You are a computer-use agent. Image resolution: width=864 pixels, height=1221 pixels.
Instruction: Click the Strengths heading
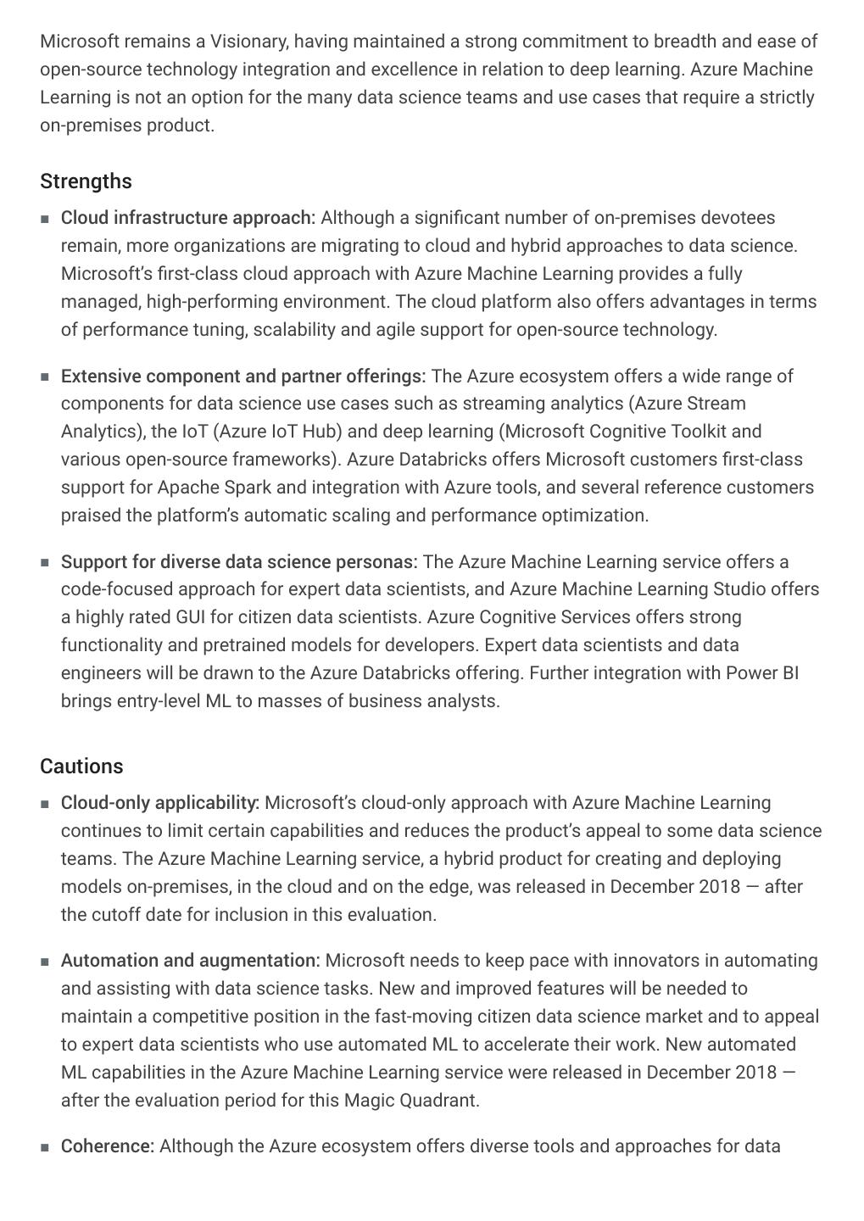pyautogui.click(x=86, y=181)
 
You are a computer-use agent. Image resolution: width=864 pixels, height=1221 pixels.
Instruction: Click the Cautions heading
pyautogui.click(x=81, y=767)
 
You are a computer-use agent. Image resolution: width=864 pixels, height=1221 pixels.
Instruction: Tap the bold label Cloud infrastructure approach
pyautogui.click(x=187, y=218)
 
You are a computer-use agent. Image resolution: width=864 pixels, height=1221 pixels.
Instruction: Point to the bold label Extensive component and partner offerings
pyautogui.click(x=242, y=376)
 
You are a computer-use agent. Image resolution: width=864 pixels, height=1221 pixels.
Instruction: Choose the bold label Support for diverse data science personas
pyautogui.click(x=238, y=562)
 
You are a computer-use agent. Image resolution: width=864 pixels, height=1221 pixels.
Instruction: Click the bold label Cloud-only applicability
pyautogui.click(x=159, y=803)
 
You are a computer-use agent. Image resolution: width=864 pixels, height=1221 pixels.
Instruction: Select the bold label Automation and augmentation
pyautogui.click(x=190, y=961)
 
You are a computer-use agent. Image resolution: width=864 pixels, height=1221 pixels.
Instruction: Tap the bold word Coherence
pyautogui.click(x=107, y=1146)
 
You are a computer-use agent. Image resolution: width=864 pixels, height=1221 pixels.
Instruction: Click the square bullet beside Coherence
pyautogui.click(x=45, y=1147)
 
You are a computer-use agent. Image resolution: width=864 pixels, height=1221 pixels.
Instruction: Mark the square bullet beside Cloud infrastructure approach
pyautogui.click(x=45, y=219)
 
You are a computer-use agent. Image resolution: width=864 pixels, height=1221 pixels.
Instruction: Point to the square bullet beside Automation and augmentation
pyautogui.click(x=45, y=962)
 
